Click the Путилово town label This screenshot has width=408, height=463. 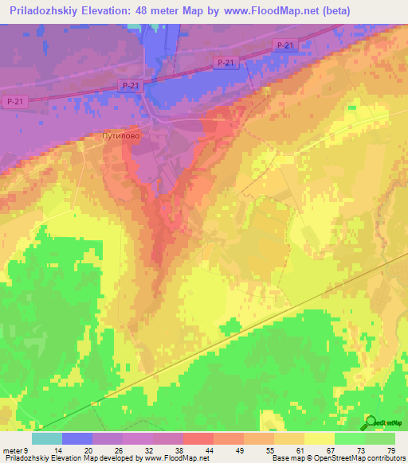pyautogui.click(x=121, y=137)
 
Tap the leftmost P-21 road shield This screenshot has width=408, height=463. pyautogui.click(x=14, y=101)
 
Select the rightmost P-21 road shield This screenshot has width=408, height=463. pyautogui.click(x=283, y=46)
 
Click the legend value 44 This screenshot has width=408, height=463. pyautogui.click(x=189, y=451)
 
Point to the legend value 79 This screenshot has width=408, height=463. pyautogui.click(x=390, y=451)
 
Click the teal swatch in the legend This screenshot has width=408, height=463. pyautogui.click(x=47, y=438)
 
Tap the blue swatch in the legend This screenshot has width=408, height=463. pyautogui.click(x=77, y=438)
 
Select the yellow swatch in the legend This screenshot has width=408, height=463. pyautogui.click(x=320, y=438)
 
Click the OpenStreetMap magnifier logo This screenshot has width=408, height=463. pyautogui.click(x=370, y=422)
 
